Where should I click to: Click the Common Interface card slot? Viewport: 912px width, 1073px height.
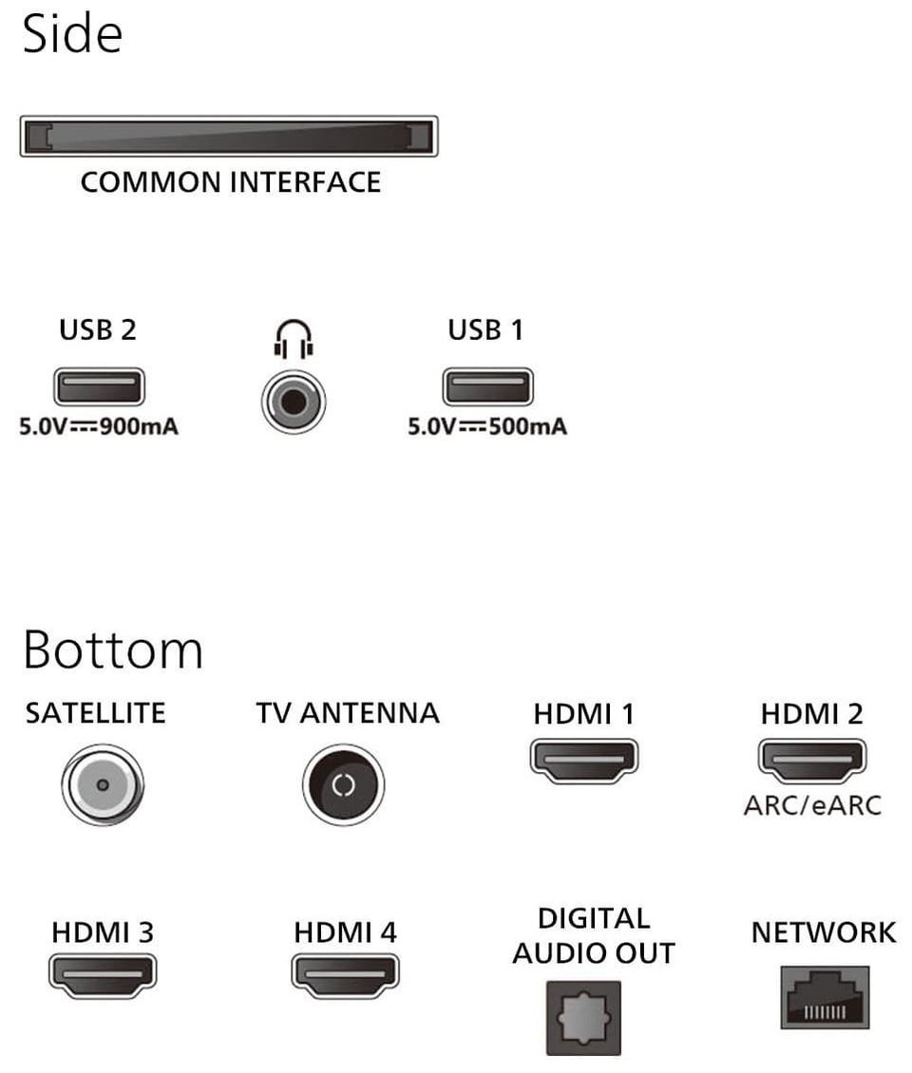[229, 136]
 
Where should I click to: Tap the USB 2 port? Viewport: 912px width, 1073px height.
[100, 386]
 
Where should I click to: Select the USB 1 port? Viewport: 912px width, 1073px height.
[487, 386]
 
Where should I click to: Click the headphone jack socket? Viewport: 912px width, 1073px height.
[294, 402]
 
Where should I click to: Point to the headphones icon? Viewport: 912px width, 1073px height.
[294, 339]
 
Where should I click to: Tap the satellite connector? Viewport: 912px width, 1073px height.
[103, 784]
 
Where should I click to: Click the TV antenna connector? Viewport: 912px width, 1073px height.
[343, 784]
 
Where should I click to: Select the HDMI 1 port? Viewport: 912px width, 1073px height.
[584, 761]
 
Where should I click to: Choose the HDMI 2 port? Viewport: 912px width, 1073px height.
[812, 761]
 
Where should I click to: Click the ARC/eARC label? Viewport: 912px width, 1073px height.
[812, 805]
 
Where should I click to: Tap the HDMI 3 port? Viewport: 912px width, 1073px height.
[103, 975]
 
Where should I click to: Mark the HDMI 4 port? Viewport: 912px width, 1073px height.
[345, 975]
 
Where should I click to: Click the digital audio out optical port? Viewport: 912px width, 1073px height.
[583, 1018]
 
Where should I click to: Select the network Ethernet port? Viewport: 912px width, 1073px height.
[825, 997]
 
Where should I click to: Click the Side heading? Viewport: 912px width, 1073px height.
[72, 33]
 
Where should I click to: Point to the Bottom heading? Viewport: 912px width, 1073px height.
[113, 649]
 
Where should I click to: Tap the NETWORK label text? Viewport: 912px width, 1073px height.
[824, 932]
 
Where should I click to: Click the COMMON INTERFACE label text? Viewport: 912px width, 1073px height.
[231, 182]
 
